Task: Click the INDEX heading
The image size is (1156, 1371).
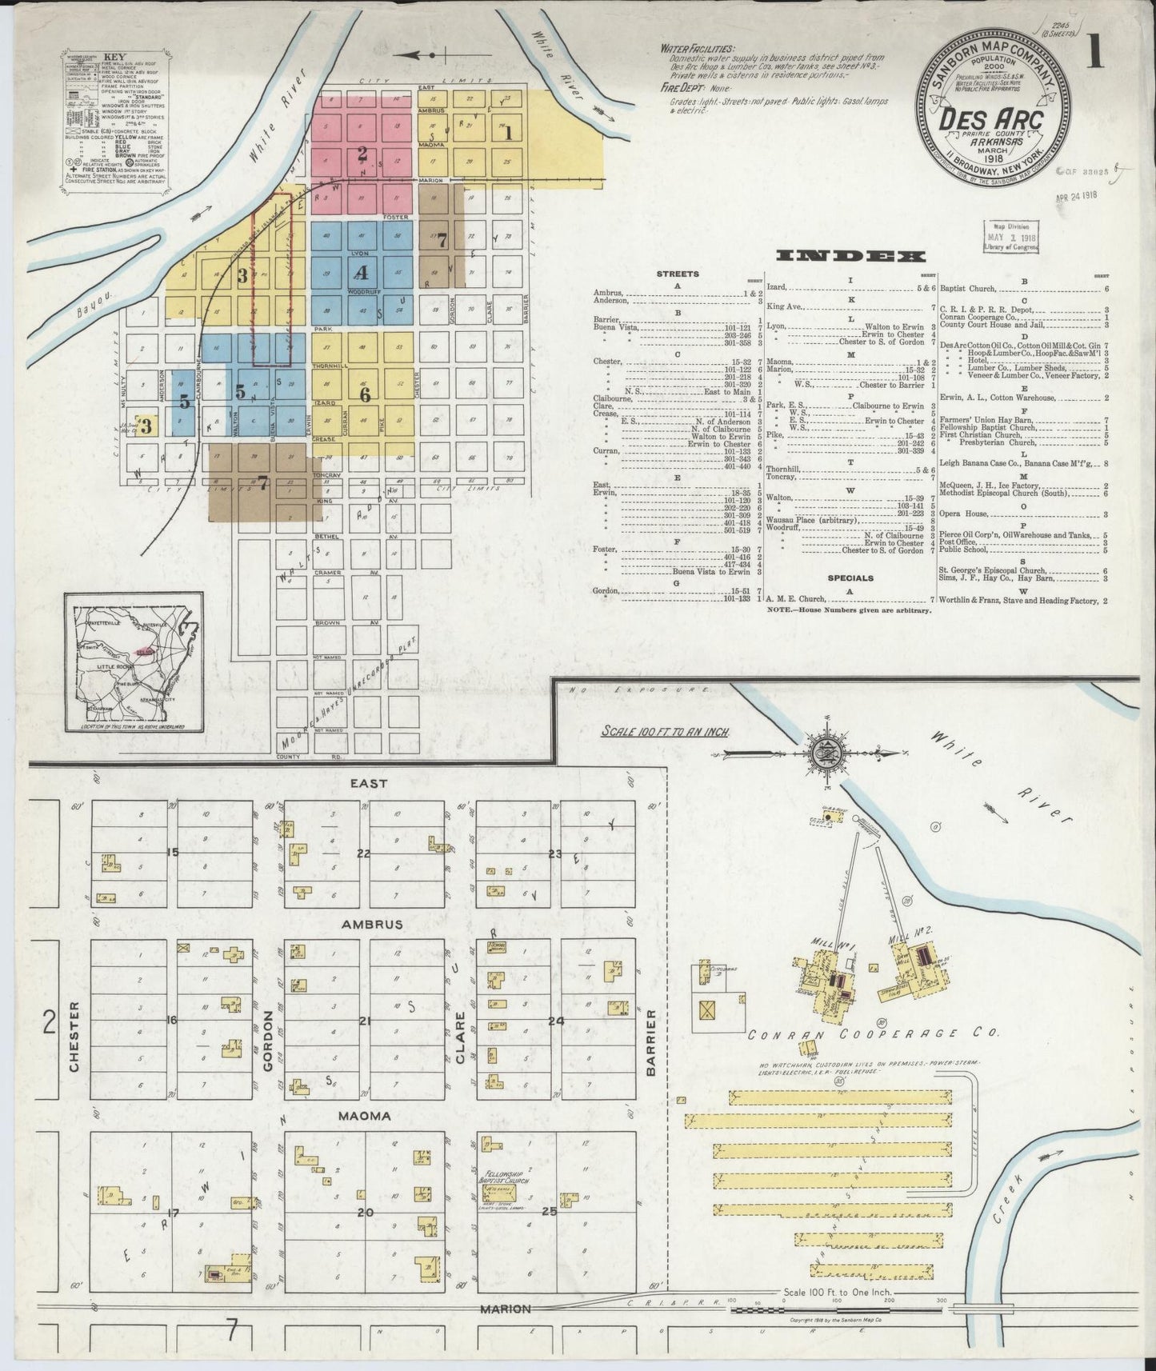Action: click(x=851, y=257)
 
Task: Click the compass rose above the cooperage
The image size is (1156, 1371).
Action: click(x=824, y=753)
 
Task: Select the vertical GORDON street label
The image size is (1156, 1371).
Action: click(x=268, y=1040)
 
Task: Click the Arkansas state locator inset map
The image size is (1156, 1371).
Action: click(x=134, y=662)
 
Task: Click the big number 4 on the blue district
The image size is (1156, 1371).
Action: click(x=362, y=271)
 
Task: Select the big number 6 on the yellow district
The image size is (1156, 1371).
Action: click(x=365, y=394)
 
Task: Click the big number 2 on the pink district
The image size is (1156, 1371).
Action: click(x=362, y=154)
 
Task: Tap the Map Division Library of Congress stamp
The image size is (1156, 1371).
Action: click(x=1011, y=237)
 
